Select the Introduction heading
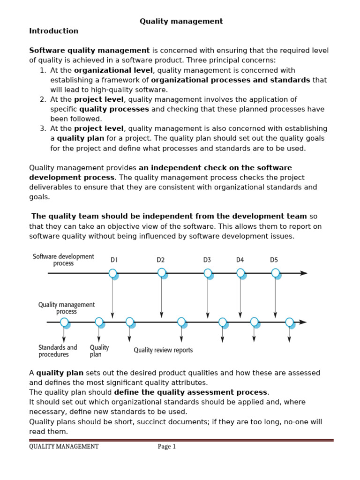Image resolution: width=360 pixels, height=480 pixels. coord(53,31)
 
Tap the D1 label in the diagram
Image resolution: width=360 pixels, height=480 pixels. coord(114,260)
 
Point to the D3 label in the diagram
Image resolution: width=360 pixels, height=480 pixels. coord(207,260)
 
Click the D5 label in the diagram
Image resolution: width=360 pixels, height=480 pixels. coord(274,260)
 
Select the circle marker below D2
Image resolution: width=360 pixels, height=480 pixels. coord(162,272)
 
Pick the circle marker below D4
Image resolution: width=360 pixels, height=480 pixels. coord(240,273)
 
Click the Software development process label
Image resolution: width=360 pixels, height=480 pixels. coord(63,260)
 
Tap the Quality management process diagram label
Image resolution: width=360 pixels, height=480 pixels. coord(66,308)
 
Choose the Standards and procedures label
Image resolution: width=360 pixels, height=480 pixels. coord(58,351)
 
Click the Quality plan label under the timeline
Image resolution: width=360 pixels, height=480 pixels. coord(99,351)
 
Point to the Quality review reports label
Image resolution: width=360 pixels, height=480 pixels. coord(163,350)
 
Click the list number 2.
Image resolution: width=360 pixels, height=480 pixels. coord(42,99)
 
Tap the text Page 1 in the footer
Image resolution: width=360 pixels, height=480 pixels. coord(166,447)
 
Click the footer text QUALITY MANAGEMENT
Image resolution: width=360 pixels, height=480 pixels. coord(64,447)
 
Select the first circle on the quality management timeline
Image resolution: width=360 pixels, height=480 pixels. coord(64,322)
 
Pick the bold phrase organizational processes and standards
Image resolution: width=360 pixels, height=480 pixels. coord(230,80)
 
